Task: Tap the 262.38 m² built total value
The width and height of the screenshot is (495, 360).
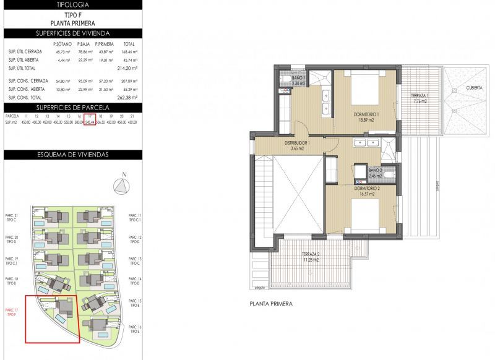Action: click(128, 97)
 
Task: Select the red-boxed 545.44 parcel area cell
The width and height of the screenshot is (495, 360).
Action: click(90, 122)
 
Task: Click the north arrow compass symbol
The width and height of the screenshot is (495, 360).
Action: click(123, 186)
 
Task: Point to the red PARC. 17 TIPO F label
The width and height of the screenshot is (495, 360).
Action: click(12, 312)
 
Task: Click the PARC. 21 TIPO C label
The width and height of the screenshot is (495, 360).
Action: click(12, 217)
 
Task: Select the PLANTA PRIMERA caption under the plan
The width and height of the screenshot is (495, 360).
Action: click(270, 304)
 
